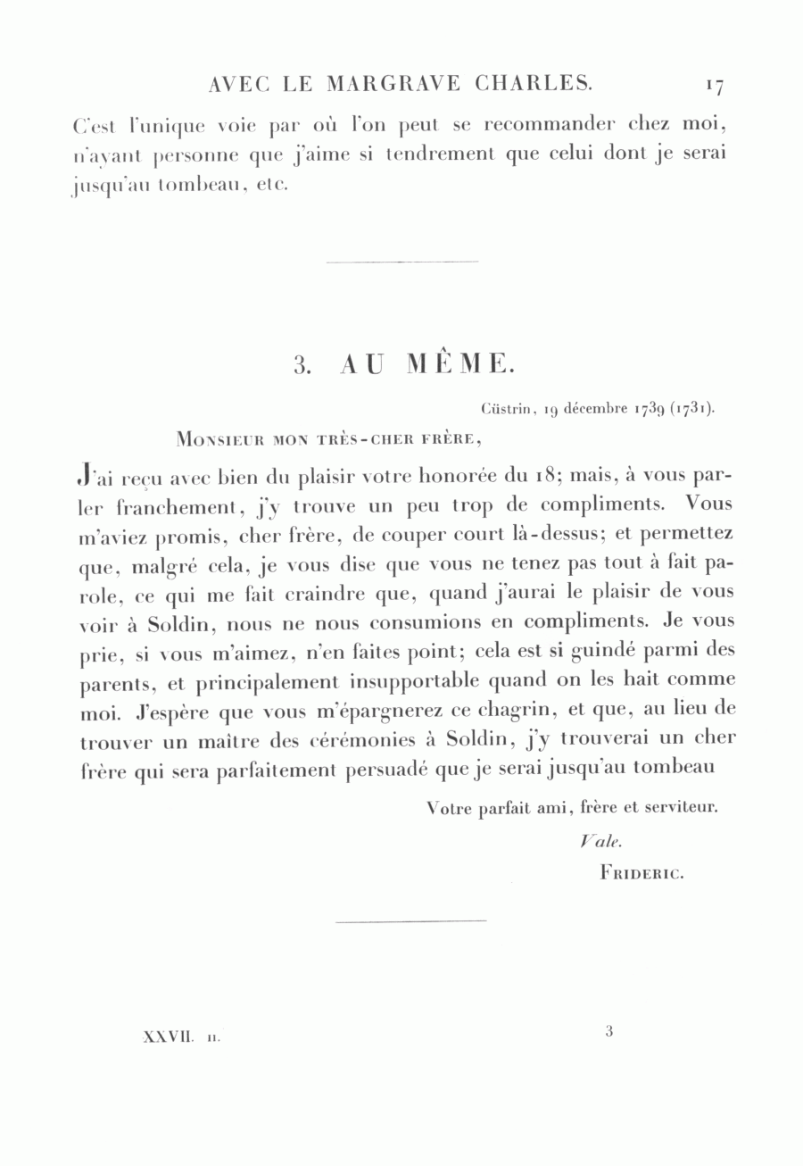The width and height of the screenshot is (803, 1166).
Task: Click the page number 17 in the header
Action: coord(714,86)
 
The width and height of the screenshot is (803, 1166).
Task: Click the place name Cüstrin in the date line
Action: coord(508,410)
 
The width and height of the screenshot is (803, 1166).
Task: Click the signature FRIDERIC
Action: coord(642,874)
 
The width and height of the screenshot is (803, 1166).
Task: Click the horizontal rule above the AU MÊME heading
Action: coord(402,262)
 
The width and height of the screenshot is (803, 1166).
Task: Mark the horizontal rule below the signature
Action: coord(411,920)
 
